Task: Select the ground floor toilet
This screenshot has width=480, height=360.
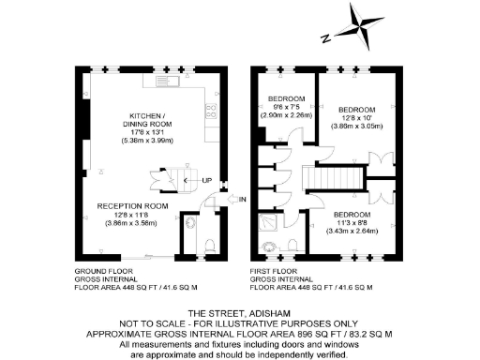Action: (x=207, y=246)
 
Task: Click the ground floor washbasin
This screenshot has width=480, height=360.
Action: (x=191, y=223)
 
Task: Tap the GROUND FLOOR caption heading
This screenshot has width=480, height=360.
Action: (x=104, y=271)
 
